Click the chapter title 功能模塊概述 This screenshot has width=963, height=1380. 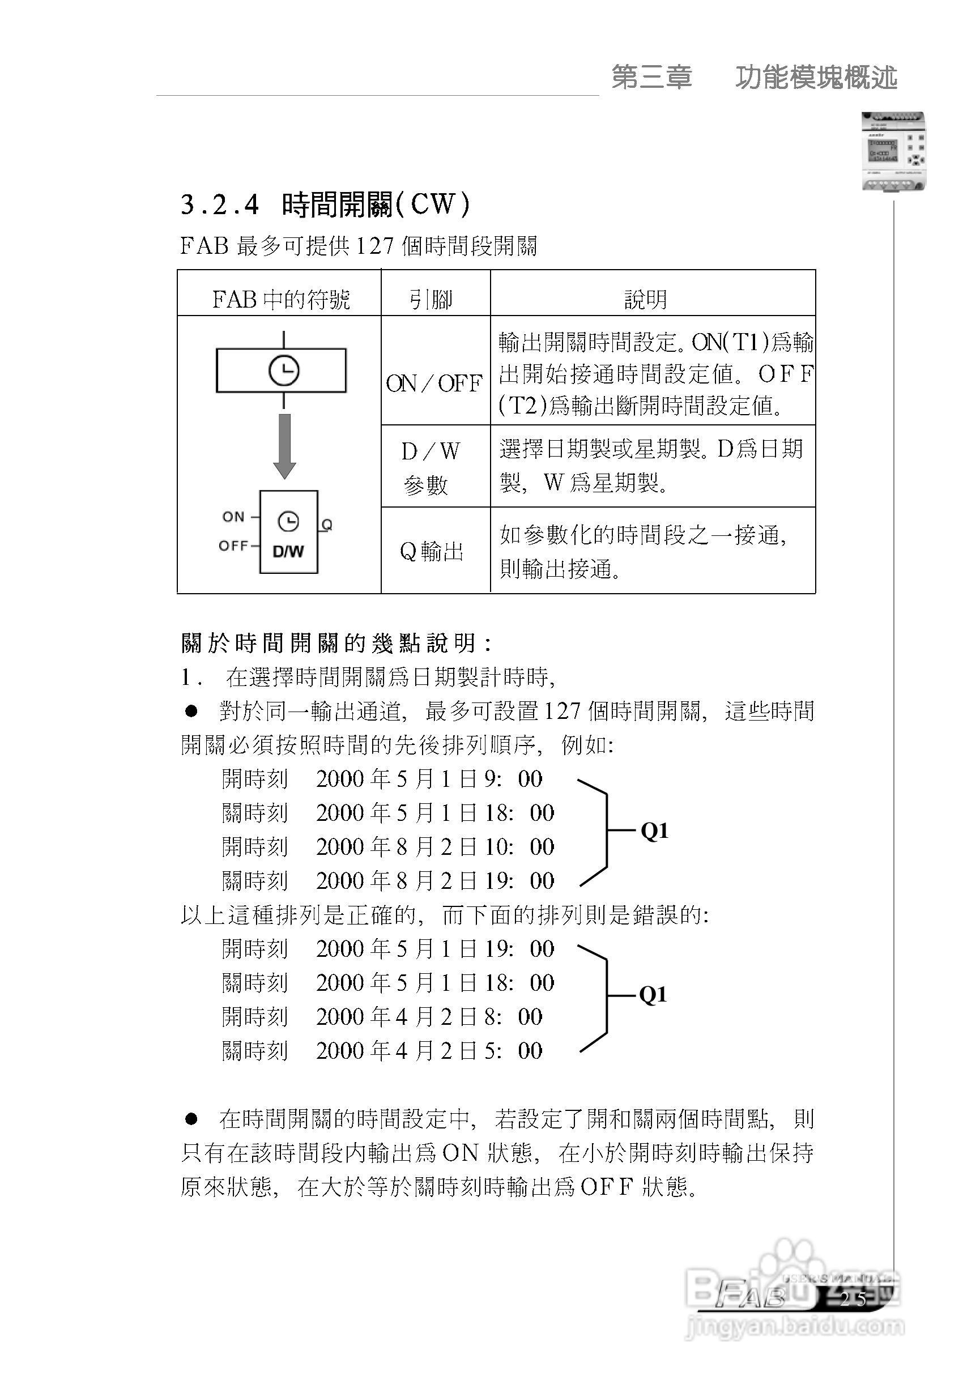click(x=816, y=78)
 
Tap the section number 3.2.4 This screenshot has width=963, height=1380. click(x=219, y=205)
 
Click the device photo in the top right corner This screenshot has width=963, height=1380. click(x=893, y=152)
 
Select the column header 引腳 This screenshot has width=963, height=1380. click(x=431, y=299)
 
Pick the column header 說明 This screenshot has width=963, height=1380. click(x=646, y=299)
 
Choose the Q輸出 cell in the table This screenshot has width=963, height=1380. click(x=432, y=551)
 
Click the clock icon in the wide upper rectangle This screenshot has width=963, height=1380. click(x=284, y=371)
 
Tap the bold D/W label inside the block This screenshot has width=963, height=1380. click(x=288, y=551)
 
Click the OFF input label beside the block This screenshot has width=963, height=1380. click(x=233, y=546)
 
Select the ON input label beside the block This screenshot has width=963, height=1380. click(x=233, y=517)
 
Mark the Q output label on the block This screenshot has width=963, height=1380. click(x=326, y=525)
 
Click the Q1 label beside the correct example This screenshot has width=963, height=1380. click(x=655, y=830)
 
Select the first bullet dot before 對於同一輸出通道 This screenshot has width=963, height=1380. click(x=191, y=712)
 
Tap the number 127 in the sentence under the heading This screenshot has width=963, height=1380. click(x=375, y=246)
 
